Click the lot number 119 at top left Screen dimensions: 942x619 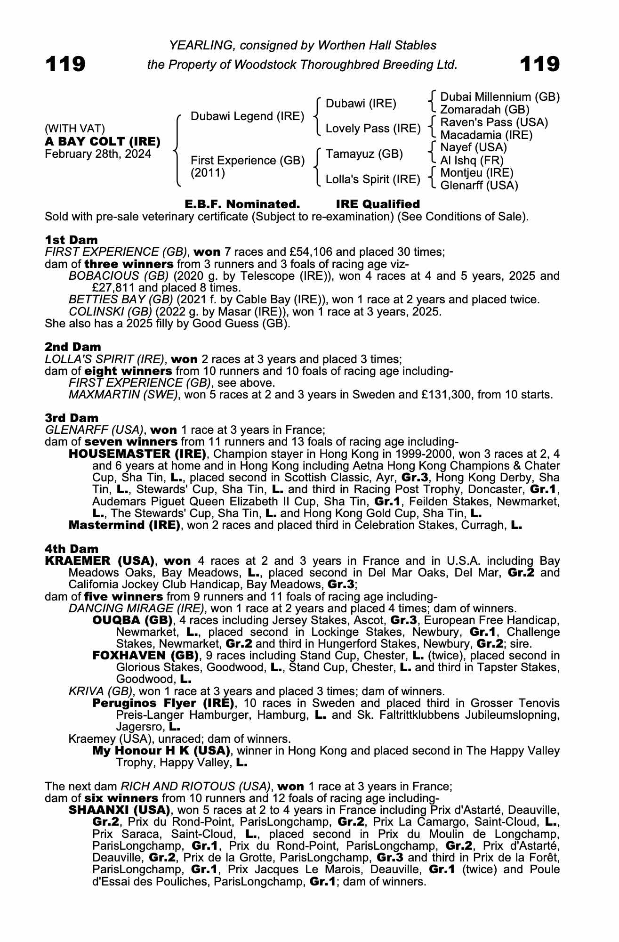[x=65, y=64]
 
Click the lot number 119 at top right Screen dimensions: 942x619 [x=539, y=64]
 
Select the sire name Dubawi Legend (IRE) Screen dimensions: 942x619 [x=247, y=116]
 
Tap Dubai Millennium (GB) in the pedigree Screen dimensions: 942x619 [x=499, y=97]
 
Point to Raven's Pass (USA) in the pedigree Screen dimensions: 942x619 [x=494, y=122]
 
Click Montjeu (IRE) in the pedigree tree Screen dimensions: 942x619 [x=476, y=173]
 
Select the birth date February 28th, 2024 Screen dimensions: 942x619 [x=98, y=154]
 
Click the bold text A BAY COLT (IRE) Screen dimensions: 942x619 [x=103, y=141]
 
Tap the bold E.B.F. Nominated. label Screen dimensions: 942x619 [x=242, y=204]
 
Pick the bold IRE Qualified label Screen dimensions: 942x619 [x=378, y=204]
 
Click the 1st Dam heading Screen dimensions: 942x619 [x=71, y=240]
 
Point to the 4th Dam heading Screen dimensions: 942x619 [x=72, y=549]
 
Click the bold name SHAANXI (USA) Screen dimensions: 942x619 [x=119, y=810]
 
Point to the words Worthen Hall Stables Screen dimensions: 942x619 [x=377, y=45]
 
